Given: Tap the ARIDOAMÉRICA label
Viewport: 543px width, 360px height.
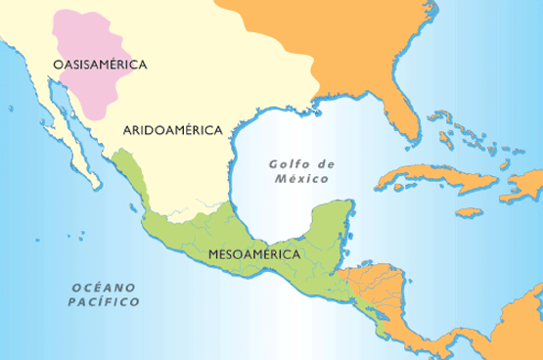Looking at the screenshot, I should pos(174,129).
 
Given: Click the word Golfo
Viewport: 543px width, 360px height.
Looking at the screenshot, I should pos(289,164).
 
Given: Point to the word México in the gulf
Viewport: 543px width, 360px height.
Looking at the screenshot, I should pos(301,181).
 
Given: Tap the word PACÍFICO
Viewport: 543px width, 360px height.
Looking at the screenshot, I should pos(104,302).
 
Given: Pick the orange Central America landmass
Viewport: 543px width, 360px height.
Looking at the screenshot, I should pos(391,284).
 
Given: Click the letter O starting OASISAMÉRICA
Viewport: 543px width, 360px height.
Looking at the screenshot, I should pos(59,65).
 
